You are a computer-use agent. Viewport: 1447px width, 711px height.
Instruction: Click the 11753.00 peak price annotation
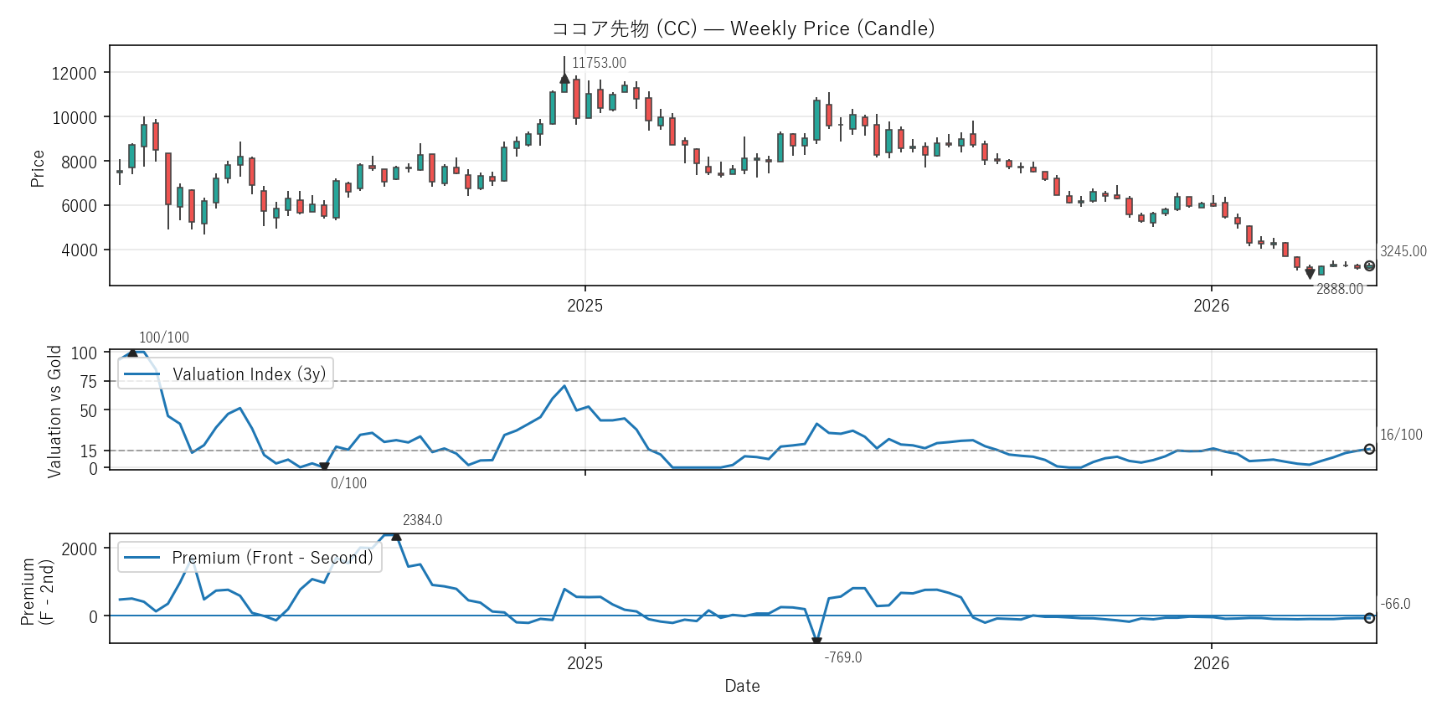(599, 63)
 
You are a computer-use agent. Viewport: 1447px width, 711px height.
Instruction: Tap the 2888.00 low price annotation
(1339, 289)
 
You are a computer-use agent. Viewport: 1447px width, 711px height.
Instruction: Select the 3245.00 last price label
(1403, 251)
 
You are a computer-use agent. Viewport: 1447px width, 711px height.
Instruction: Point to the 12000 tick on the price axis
(75, 74)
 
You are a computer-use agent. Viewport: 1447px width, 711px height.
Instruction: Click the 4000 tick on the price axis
(79, 250)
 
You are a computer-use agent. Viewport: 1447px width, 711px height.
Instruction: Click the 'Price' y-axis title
(38, 168)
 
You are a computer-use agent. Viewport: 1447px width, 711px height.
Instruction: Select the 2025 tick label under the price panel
(584, 306)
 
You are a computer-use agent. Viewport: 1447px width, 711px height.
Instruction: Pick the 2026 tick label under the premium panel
(1211, 663)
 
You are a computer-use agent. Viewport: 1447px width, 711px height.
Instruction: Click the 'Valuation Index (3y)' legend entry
(249, 374)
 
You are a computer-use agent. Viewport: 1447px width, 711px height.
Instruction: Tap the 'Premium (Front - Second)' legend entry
(272, 558)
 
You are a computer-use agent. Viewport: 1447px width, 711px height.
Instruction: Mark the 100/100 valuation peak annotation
(164, 337)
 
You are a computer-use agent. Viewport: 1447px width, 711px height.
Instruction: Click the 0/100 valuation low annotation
(348, 483)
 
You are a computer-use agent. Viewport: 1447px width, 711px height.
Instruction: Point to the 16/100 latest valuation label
(1401, 435)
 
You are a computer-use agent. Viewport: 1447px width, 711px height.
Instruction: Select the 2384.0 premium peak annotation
(422, 520)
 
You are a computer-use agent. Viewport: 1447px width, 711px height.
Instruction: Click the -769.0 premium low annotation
(842, 657)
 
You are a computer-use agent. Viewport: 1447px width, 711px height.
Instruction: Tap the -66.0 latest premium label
(1395, 604)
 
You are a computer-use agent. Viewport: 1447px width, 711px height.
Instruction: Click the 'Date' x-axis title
(742, 686)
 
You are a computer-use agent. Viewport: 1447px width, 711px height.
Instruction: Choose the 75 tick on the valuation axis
(88, 382)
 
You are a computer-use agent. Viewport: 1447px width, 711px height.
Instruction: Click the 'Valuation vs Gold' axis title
(54, 411)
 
